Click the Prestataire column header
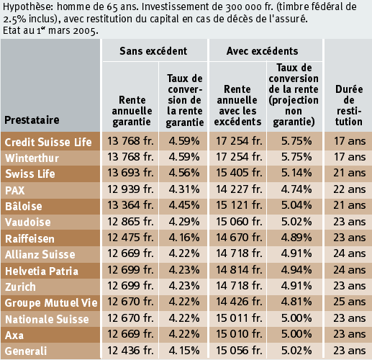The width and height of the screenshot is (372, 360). [32, 120]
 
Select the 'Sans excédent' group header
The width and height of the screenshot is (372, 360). [153, 51]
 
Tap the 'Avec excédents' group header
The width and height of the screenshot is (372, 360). [263, 51]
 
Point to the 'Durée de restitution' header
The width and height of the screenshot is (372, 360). [349, 105]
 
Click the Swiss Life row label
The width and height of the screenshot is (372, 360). [30, 174]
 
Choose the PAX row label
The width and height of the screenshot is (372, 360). [15, 190]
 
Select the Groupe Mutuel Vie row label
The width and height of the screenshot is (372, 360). [51, 303]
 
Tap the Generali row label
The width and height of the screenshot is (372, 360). [26, 351]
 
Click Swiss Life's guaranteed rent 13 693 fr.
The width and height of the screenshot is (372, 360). [130, 173]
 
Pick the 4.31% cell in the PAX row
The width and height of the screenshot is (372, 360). [184, 189]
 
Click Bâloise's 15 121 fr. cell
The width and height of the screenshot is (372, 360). [239, 205]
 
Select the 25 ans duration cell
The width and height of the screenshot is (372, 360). [350, 302]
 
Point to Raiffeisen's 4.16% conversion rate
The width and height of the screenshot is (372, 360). [184, 238]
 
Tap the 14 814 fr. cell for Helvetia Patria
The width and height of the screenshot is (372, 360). [239, 270]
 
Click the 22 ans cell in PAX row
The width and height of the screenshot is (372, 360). [350, 189]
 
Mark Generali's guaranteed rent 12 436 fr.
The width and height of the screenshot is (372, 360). [130, 351]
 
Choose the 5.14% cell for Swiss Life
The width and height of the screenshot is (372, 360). [296, 173]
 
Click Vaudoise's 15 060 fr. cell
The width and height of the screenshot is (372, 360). [239, 222]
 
